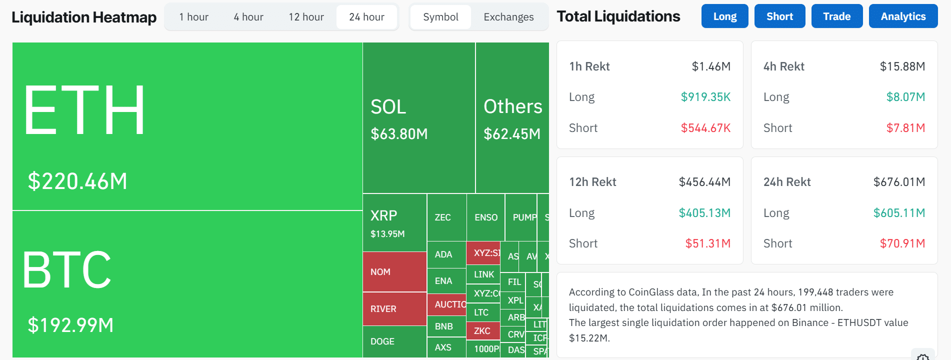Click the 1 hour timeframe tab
tap(193, 17)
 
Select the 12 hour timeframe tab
tap(306, 17)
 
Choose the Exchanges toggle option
tap(508, 17)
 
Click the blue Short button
tap(779, 16)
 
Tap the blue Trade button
tap(836, 16)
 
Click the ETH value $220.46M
tap(77, 181)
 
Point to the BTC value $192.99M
tap(70, 325)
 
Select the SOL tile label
tap(388, 107)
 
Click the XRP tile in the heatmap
tap(394, 223)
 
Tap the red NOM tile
tap(394, 272)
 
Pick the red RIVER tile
tap(394, 309)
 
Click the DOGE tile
tap(394, 341)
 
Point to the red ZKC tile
tap(482, 331)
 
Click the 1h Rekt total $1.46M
tap(710, 66)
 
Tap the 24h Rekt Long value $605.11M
tap(898, 213)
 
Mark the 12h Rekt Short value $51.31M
tap(707, 243)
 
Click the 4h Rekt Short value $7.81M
tap(905, 128)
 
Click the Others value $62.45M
tap(511, 134)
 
